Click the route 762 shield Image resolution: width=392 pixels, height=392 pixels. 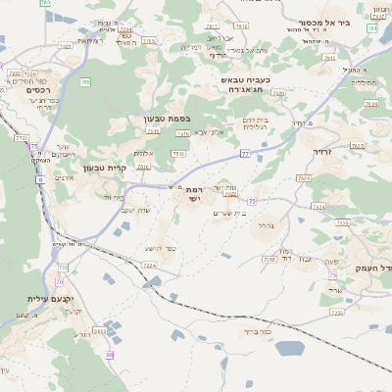tap(85, 82)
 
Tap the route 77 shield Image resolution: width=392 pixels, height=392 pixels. tap(245, 154)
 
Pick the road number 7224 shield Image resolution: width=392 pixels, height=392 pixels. tap(149, 265)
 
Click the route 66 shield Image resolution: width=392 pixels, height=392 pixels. tap(110, 355)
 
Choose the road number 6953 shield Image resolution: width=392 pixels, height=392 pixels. tap(99, 331)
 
